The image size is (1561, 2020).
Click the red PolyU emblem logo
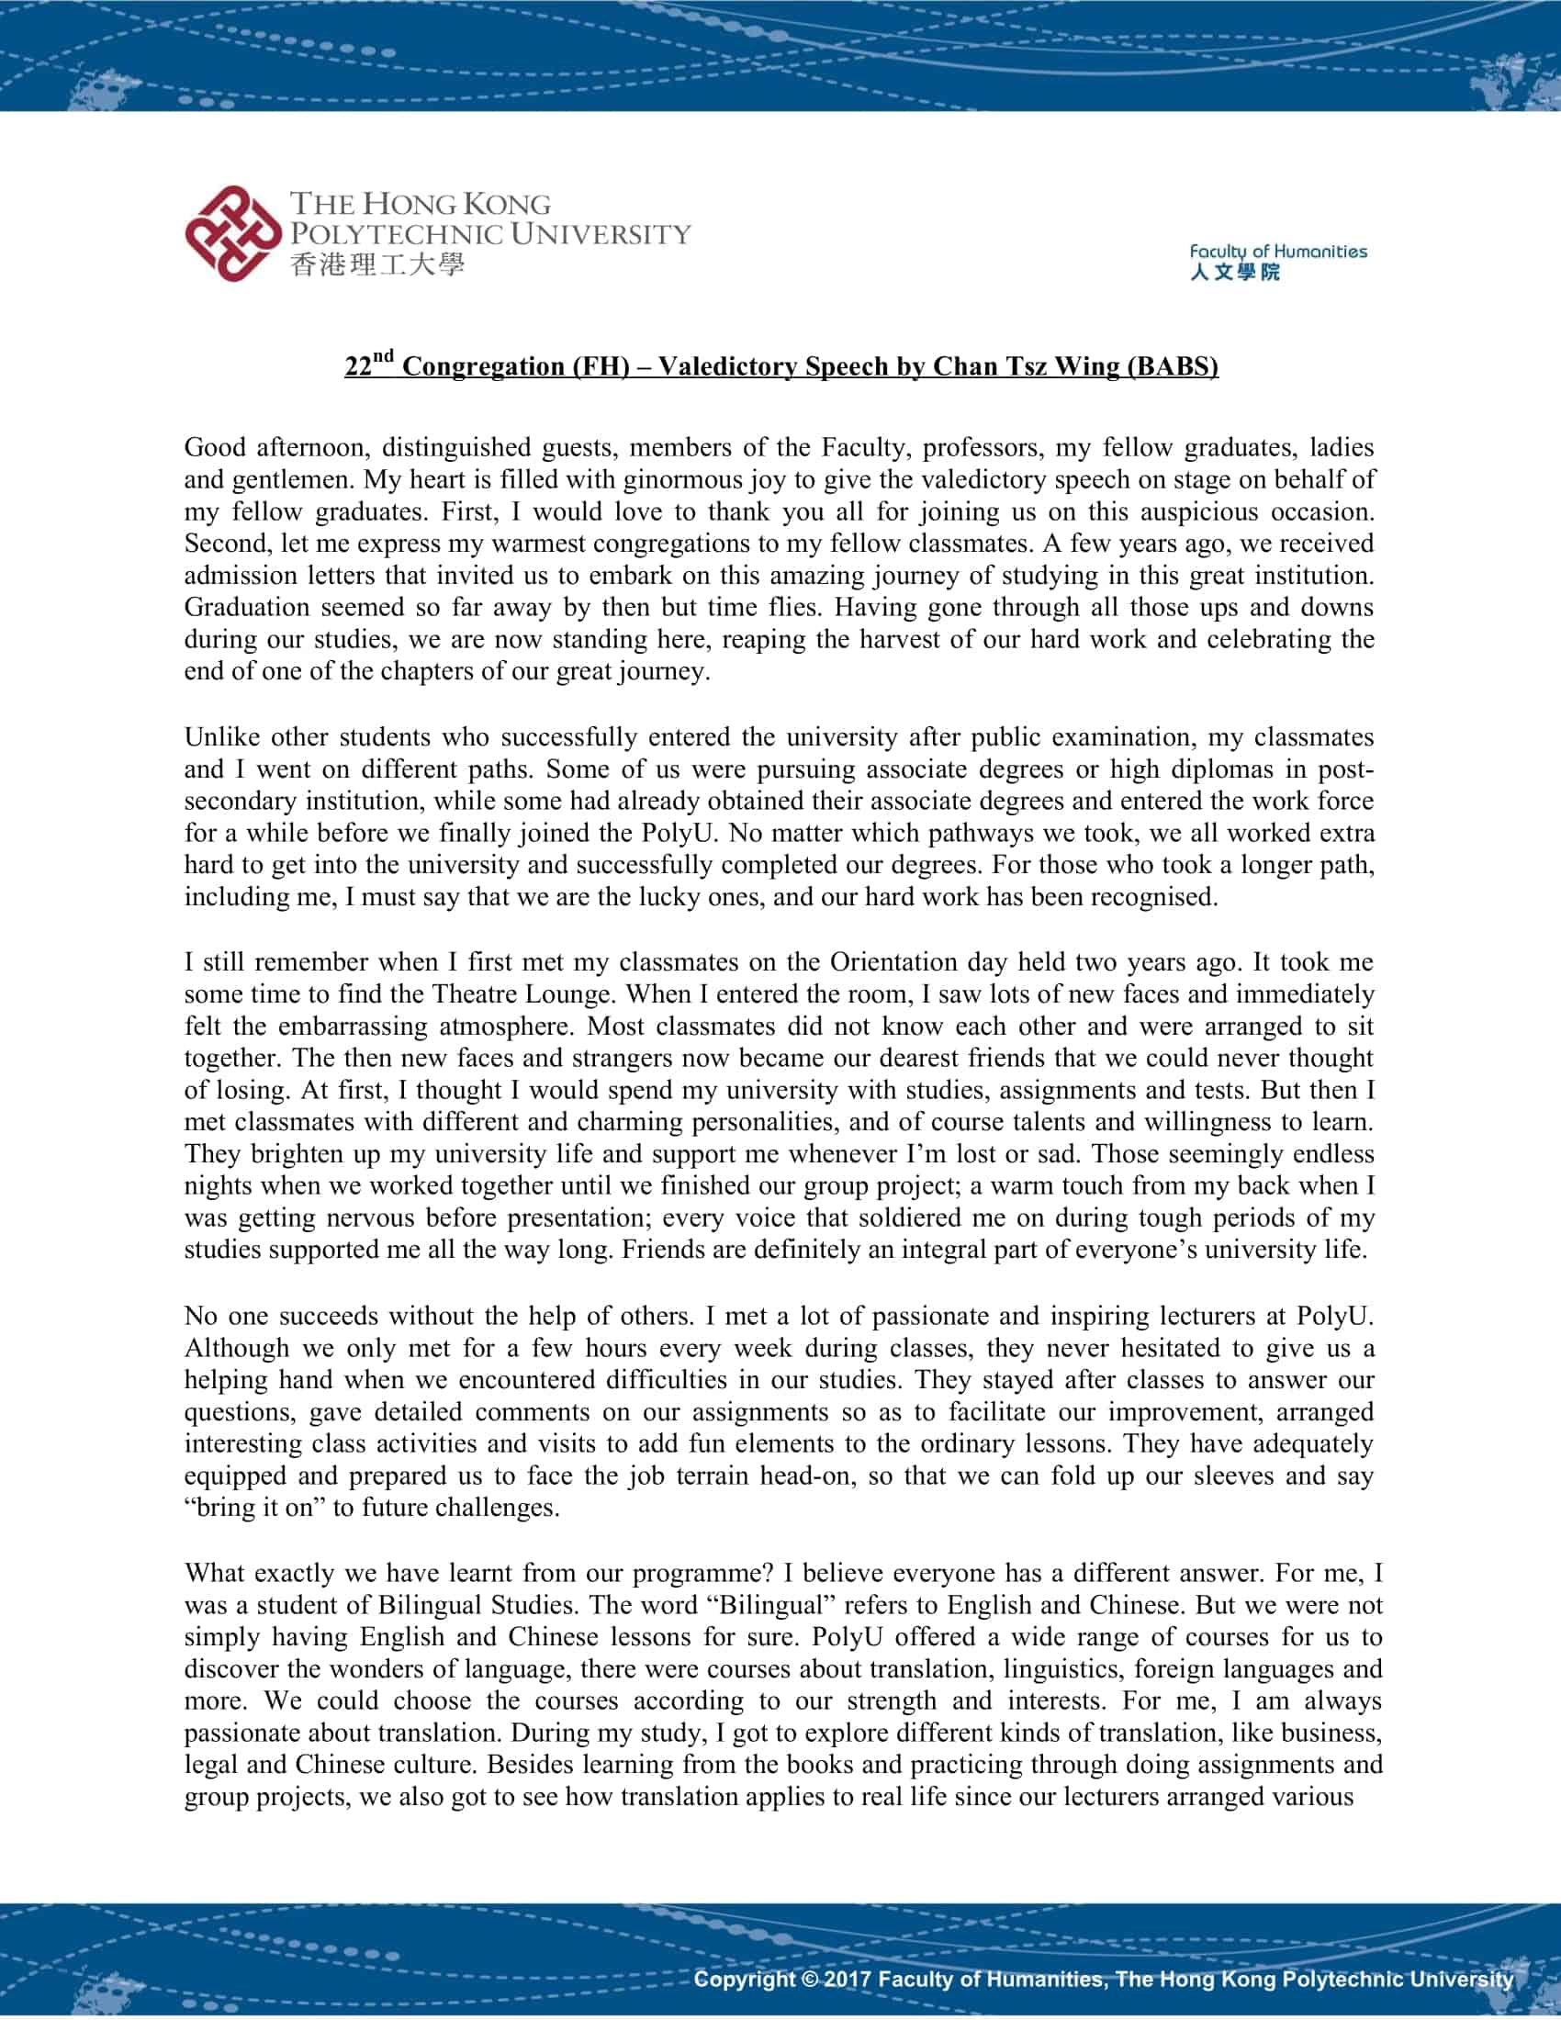point(233,233)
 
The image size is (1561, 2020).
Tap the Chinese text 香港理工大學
point(377,265)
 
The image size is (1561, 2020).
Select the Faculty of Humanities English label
point(1277,251)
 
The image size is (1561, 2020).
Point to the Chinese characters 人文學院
point(1234,272)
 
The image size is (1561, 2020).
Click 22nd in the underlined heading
point(369,365)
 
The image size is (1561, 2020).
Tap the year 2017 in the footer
point(848,1979)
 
